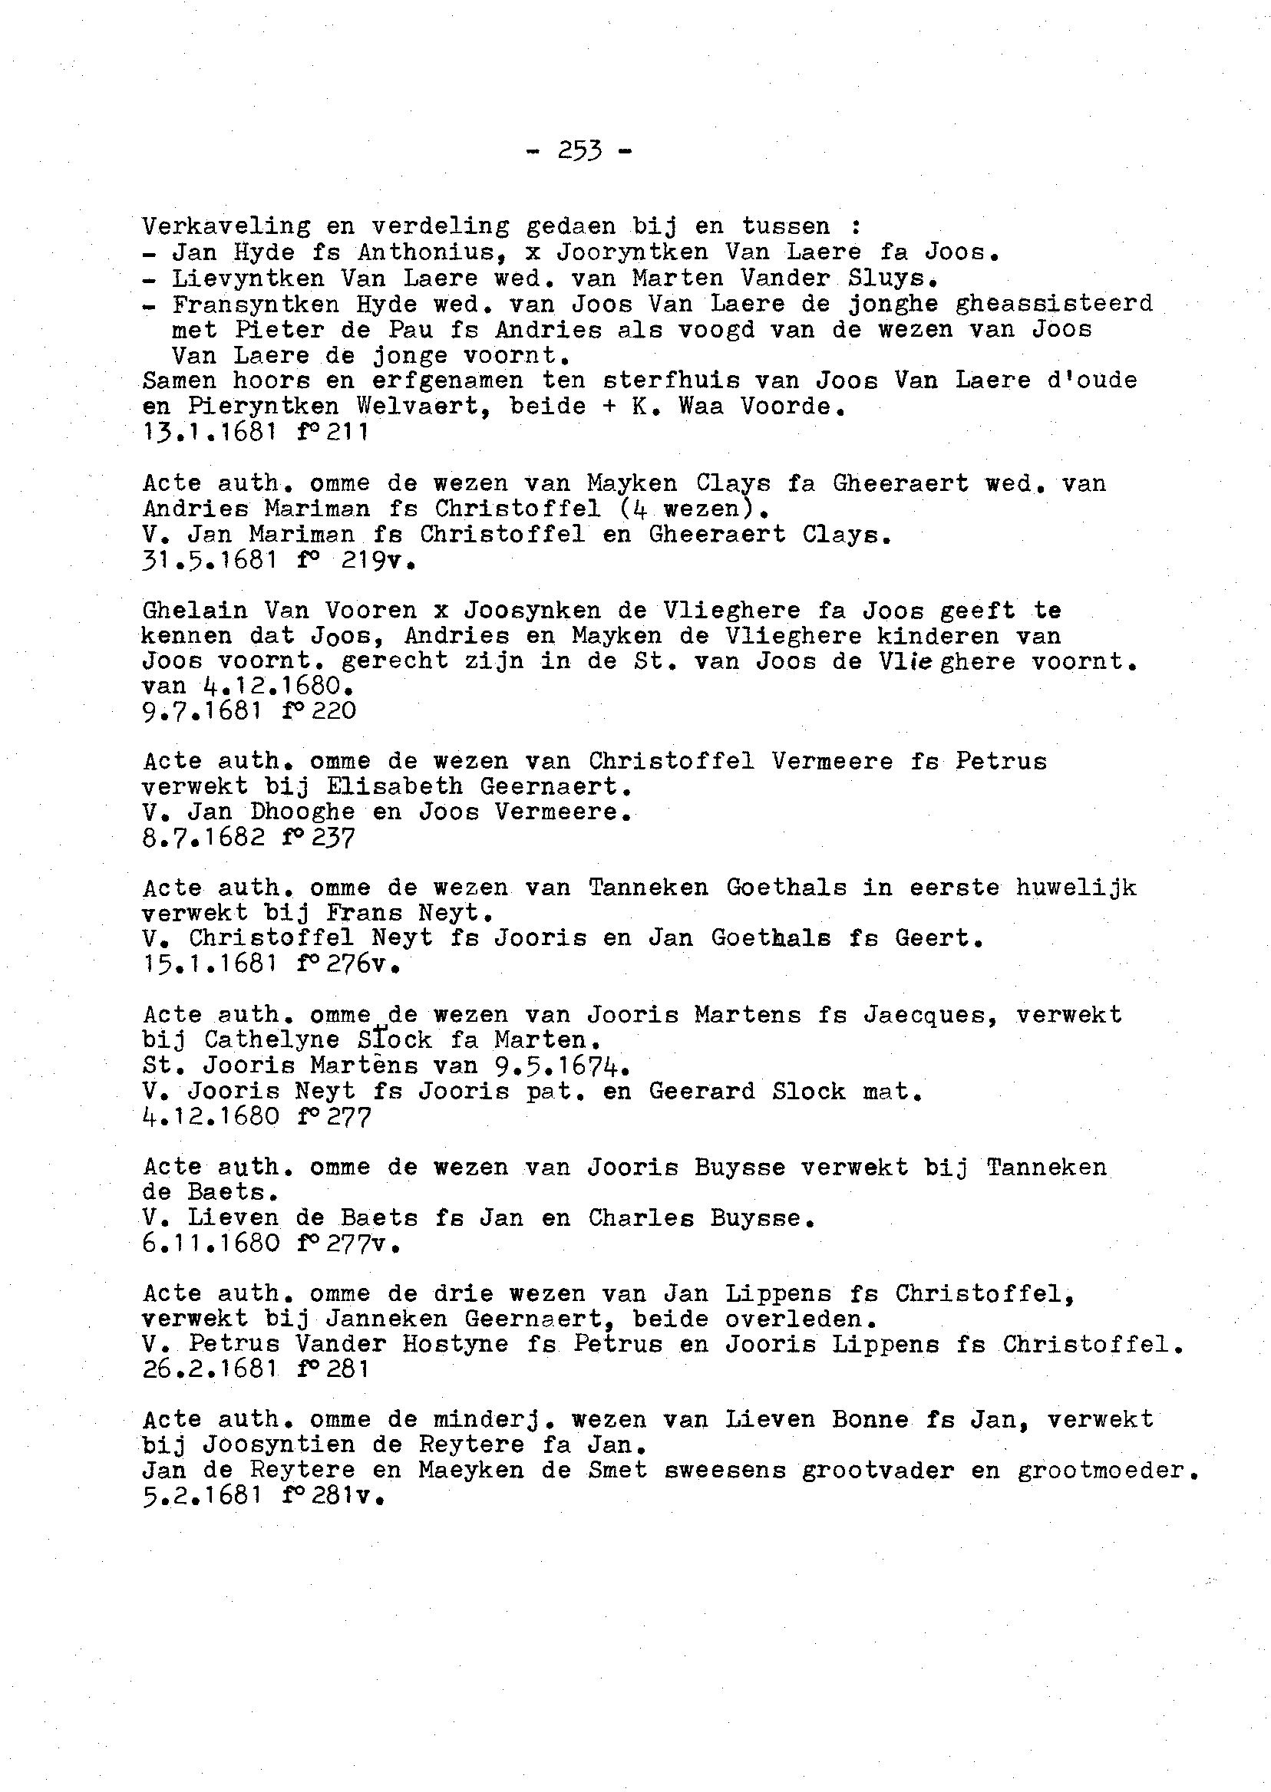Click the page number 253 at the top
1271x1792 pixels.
click(x=579, y=150)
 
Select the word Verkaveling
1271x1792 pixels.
click(x=226, y=227)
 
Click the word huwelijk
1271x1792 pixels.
click(x=1076, y=888)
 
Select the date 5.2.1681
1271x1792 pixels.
click(x=201, y=1497)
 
